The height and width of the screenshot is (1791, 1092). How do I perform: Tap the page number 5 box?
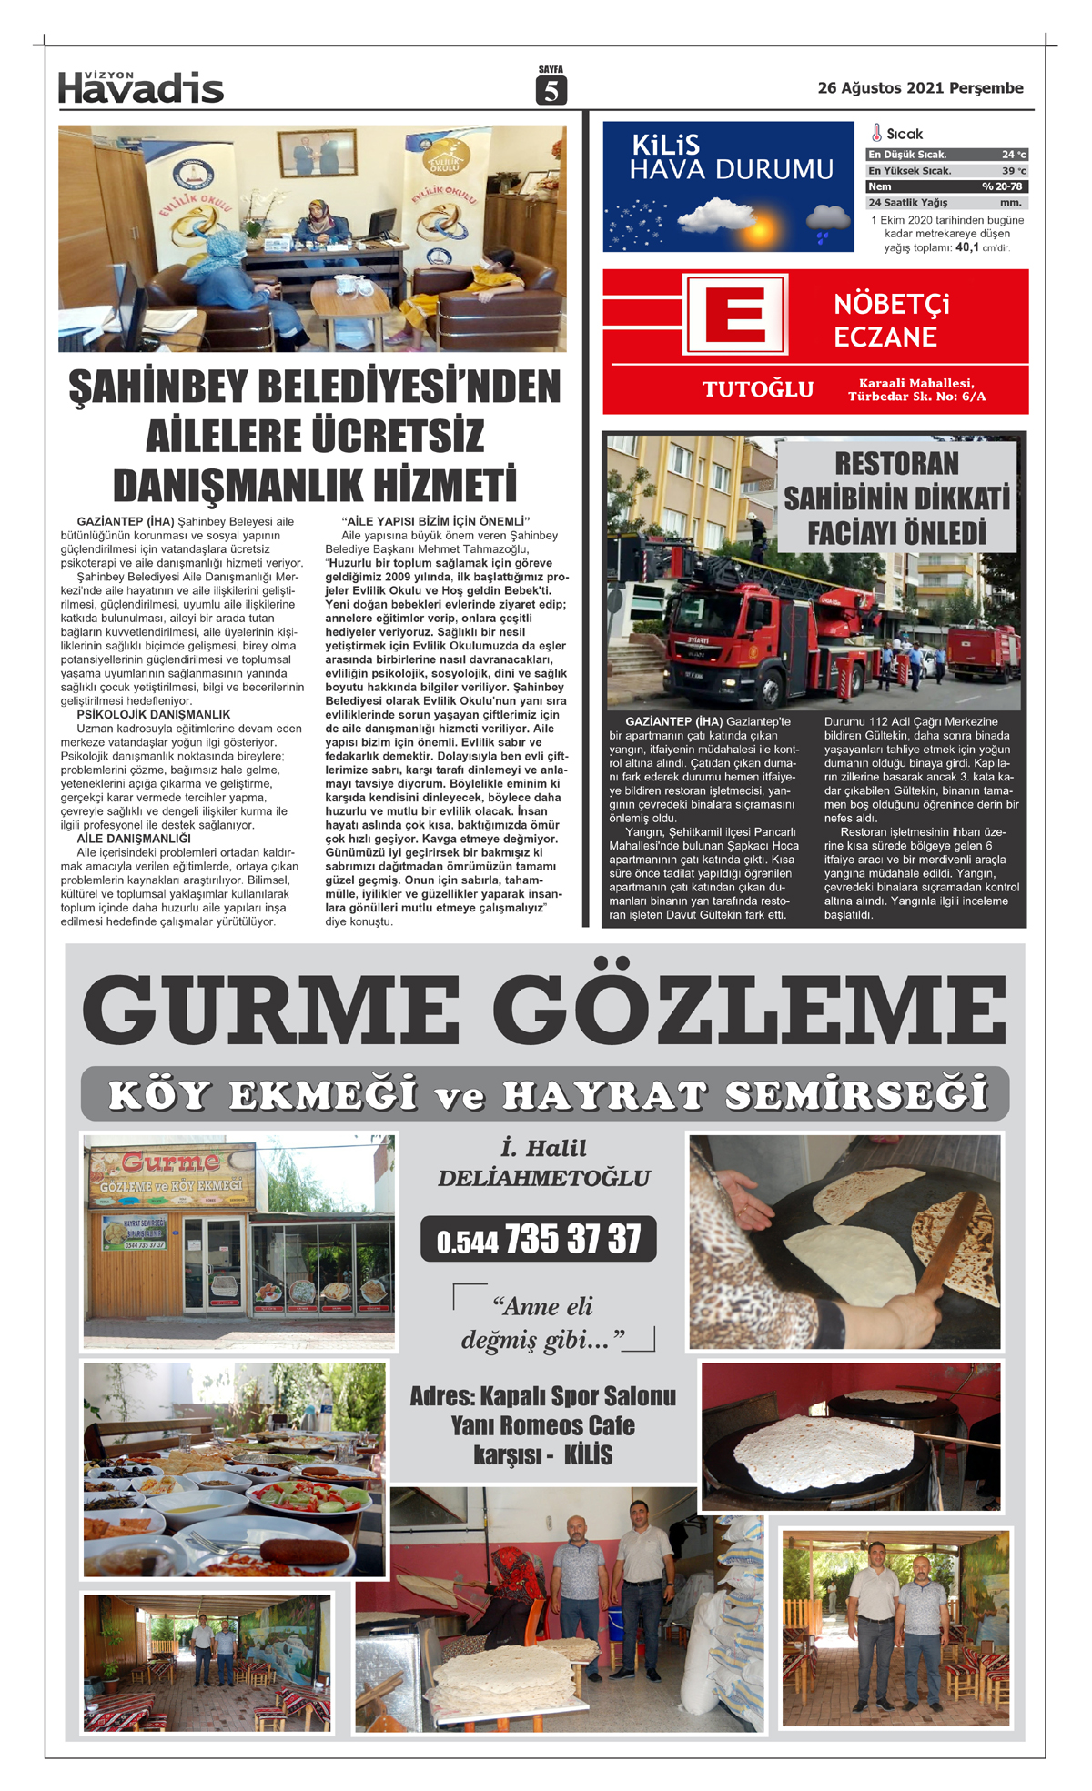point(551,90)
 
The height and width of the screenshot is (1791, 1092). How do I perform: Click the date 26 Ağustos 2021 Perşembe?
point(920,88)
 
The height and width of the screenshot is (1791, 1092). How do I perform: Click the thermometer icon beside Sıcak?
point(876,134)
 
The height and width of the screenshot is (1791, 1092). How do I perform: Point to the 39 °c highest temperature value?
point(1013,171)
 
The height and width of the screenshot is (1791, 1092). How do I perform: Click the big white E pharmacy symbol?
point(735,315)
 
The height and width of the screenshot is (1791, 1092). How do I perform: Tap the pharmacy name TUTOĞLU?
point(758,389)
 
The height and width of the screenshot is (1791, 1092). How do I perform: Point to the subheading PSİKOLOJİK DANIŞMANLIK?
point(154,715)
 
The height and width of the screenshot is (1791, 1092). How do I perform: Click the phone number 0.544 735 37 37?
point(539,1240)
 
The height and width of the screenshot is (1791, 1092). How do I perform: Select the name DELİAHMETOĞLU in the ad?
point(543,1178)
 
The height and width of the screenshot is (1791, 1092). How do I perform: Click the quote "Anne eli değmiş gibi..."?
point(543,1323)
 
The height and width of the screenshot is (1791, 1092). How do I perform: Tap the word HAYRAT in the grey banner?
point(604,1095)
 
